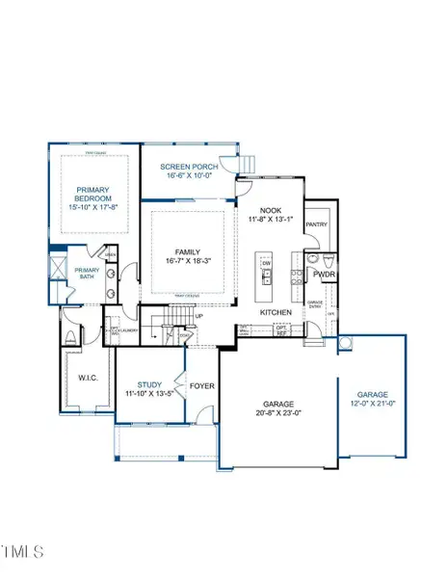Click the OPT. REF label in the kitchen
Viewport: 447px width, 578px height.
(281, 329)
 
